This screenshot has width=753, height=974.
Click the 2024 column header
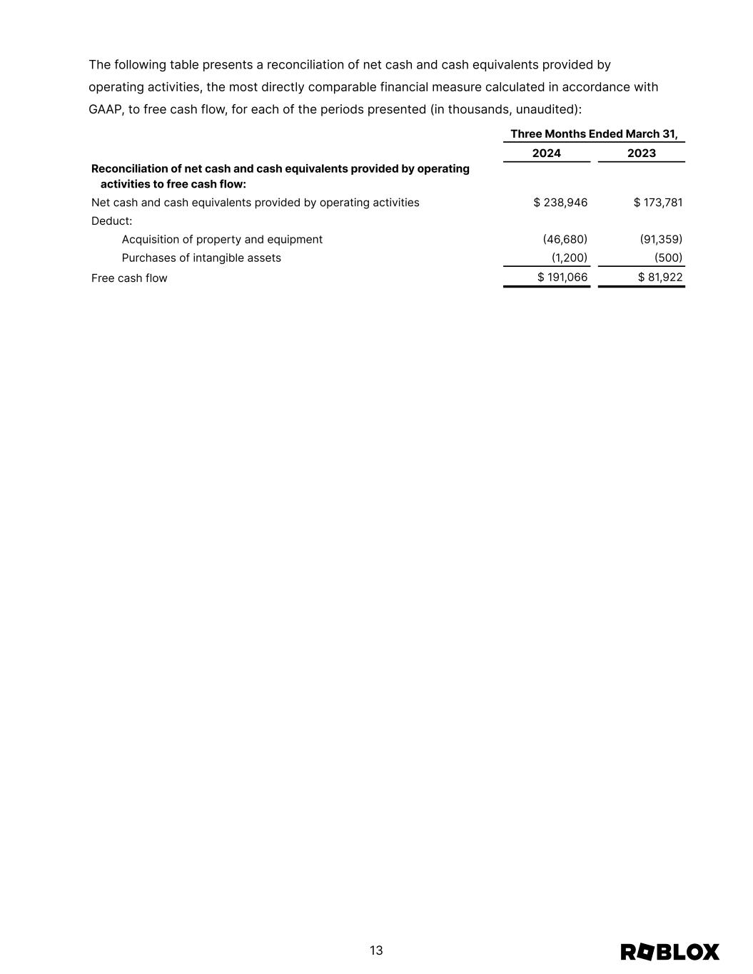click(546, 153)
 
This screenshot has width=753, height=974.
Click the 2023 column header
click(641, 153)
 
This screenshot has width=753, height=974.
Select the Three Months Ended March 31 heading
click(594, 134)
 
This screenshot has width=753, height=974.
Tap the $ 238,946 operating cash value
click(560, 203)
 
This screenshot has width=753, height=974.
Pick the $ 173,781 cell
click(657, 203)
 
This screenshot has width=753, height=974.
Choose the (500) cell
click(668, 258)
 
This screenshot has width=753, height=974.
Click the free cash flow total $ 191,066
click(562, 278)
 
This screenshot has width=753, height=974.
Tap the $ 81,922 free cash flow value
click(659, 278)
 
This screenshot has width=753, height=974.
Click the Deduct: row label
click(112, 221)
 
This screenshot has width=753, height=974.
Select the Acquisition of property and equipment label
click(222, 240)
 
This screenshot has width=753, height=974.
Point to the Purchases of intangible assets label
click(201, 258)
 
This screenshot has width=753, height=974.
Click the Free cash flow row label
click(129, 278)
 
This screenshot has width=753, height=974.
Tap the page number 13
click(376, 950)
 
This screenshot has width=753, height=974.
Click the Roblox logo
click(669, 952)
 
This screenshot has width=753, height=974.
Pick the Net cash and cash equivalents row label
click(255, 203)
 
